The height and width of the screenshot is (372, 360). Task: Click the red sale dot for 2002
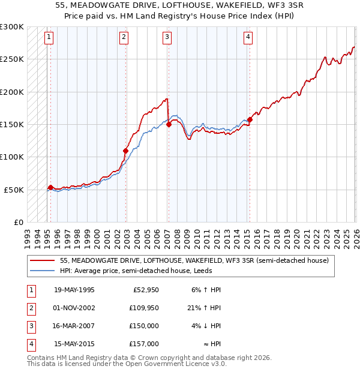point(125,151)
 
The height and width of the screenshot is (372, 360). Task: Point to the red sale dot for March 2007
point(169,124)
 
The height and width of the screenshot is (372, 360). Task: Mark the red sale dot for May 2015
point(250,119)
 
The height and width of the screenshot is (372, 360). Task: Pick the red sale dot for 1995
point(50,188)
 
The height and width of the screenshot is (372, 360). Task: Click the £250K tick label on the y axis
point(12,59)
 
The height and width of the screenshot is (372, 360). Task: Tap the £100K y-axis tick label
point(12,157)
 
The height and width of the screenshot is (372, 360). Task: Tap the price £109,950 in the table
point(145,307)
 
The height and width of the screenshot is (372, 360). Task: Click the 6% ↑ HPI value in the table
point(206,289)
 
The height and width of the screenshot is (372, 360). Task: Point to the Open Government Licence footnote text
point(127,364)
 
